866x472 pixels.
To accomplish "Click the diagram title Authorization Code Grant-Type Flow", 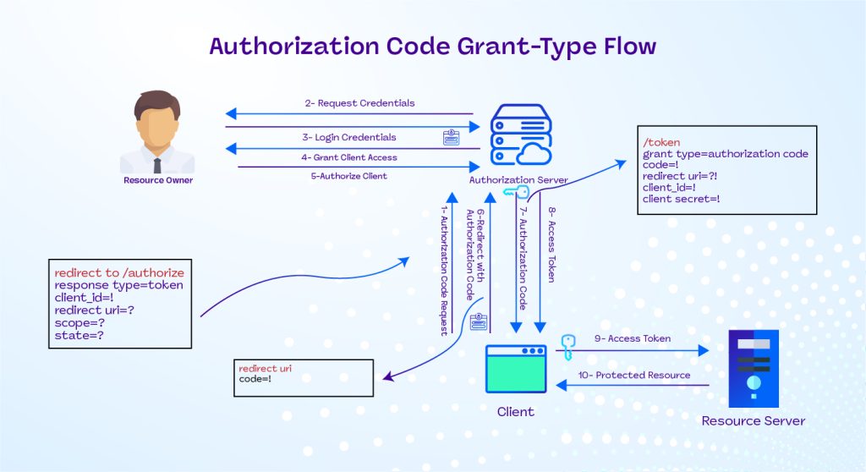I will coord(432,46).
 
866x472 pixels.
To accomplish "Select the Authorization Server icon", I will coord(518,137).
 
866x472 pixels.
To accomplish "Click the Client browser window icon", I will coord(515,368).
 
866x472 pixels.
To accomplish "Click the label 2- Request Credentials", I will coord(359,103).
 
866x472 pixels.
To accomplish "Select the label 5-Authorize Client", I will coord(349,176).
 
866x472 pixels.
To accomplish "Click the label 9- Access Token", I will coord(632,338).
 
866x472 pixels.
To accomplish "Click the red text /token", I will coord(661,142).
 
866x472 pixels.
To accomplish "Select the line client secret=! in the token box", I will coord(681,198).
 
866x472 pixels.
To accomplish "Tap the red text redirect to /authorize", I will coord(119,273).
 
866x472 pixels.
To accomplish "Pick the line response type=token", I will coord(118,285).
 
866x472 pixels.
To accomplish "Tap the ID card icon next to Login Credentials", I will coord(452,137).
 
